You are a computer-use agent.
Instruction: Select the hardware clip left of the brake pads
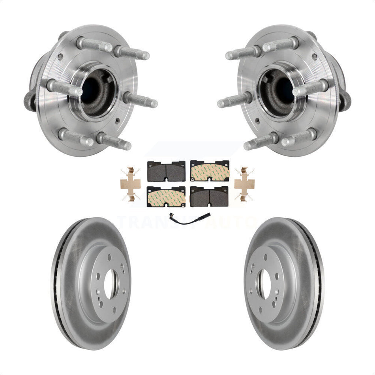click(x=130, y=184)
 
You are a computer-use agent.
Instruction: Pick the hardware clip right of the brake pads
click(x=244, y=184)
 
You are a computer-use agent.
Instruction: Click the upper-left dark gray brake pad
click(x=166, y=171)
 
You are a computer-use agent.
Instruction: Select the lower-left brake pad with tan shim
click(x=166, y=196)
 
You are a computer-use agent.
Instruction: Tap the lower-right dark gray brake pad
click(x=209, y=196)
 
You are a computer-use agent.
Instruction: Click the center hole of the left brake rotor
click(x=111, y=283)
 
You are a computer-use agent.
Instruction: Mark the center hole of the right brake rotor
click(x=264, y=283)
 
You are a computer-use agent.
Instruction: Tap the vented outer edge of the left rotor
click(x=55, y=284)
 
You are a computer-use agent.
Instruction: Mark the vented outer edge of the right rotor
click(x=320, y=284)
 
